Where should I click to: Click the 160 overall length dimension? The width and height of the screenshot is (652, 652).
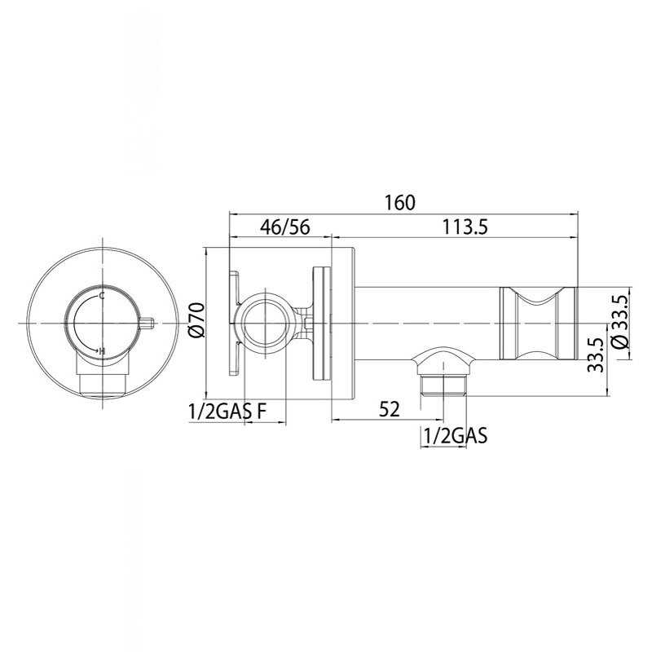[x=399, y=203]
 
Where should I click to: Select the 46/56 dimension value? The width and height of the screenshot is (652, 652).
[x=285, y=227]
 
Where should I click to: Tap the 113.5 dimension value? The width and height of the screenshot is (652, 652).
[x=465, y=227]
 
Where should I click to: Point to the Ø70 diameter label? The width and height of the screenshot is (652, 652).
[x=196, y=320]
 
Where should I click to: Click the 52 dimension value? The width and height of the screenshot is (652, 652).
[x=390, y=409]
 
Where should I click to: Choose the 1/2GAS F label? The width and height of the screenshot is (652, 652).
[x=227, y=412]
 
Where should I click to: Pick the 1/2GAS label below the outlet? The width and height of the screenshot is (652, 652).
[x=455, y=436]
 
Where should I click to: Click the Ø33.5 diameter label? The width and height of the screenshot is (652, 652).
[x=620, y=322]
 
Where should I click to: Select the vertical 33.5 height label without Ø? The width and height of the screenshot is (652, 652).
[x=596, y=355]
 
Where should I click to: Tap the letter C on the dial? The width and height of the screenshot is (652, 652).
[x=101, y=296]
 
